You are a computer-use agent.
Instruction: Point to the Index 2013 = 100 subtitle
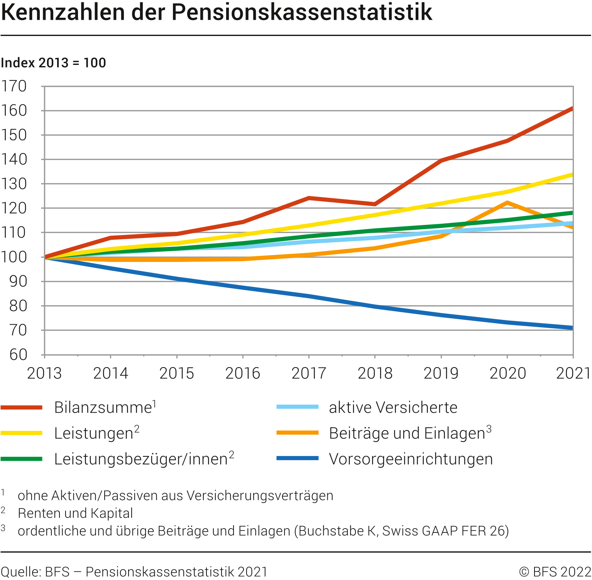click(53, 63)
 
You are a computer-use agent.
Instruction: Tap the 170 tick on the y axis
click(14, 86)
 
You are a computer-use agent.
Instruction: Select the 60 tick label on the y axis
click(18, 355)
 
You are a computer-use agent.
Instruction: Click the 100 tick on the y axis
click(14, 257)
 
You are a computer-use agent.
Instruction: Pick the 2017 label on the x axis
click(309, 373)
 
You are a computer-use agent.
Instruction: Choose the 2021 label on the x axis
click(573, 373)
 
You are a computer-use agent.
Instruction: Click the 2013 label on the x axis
click(44, 373)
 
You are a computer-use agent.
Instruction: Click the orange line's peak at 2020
click(507, 202)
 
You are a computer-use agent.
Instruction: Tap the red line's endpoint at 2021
click(572, 109)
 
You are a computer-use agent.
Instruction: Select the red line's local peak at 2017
click(309, 198)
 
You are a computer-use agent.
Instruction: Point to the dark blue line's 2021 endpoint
click(572, 328)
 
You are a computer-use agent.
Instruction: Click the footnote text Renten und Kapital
click(75, 513)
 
